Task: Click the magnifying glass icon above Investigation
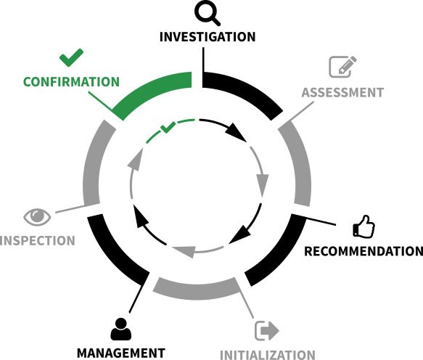point(208,13)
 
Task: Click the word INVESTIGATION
point(208,37)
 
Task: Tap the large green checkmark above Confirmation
point(71,57)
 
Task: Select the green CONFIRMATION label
point(71,82)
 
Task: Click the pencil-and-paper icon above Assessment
point(342,67)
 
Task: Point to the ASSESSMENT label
point(342,93)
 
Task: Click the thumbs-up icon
point(364,226)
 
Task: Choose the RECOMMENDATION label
point(364,251)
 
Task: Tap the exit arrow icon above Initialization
point(267,330)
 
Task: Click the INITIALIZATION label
point(268,355)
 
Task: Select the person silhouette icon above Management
point(121,329)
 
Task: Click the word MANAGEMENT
point(121,353)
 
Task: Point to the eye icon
point(37,217)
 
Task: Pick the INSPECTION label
point(37,241)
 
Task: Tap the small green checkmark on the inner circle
point(168,127)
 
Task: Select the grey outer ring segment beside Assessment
point(300,162)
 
